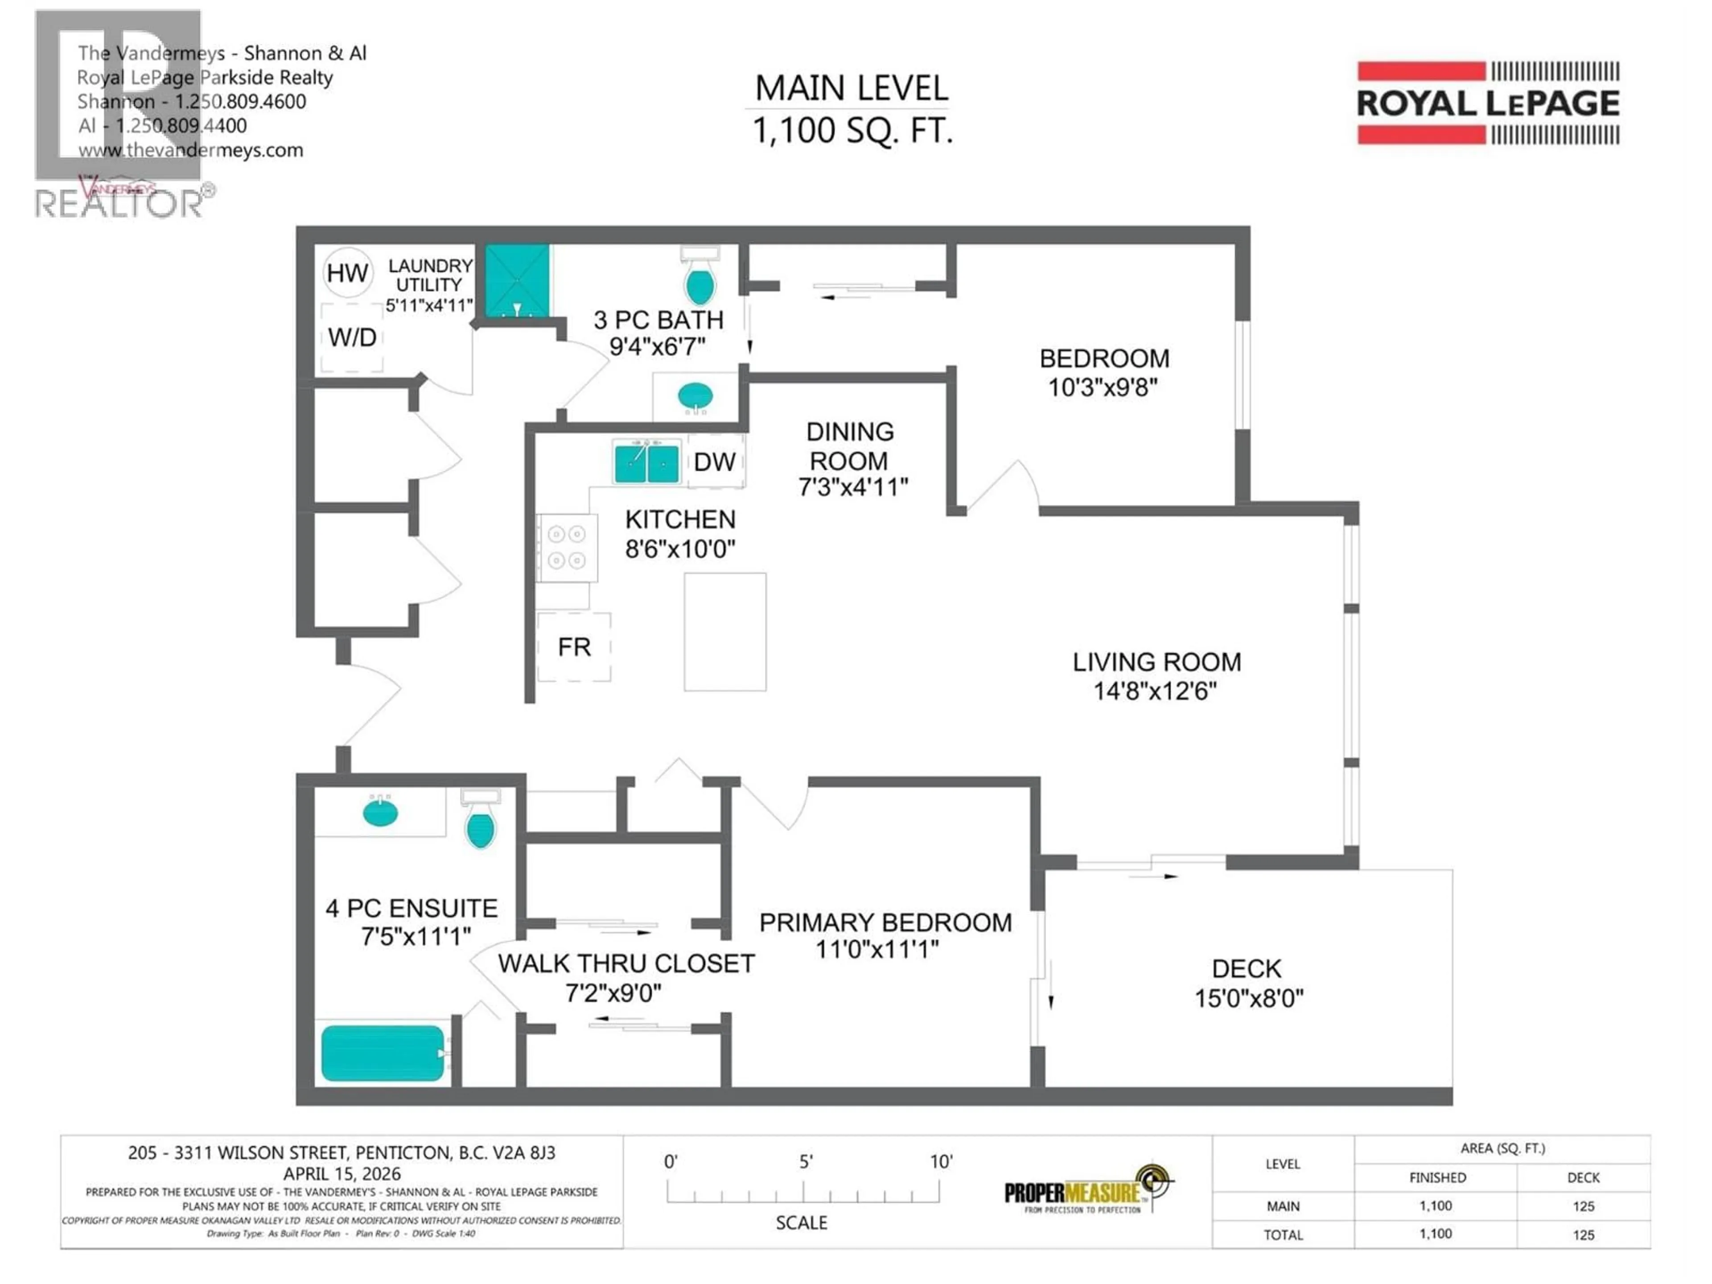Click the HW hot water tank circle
347,272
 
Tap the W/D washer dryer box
352,337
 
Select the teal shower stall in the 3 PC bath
517,281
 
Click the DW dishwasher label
714,462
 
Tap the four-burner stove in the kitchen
567,547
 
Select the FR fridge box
574,647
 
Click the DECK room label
1246,969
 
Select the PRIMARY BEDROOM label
885,922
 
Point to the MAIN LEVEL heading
852,88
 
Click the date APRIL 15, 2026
342,1173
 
